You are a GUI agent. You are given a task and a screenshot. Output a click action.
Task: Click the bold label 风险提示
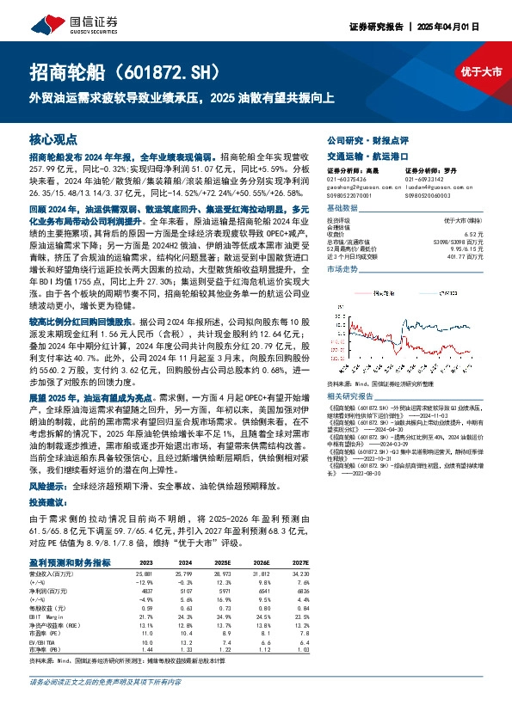point(50,485)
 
